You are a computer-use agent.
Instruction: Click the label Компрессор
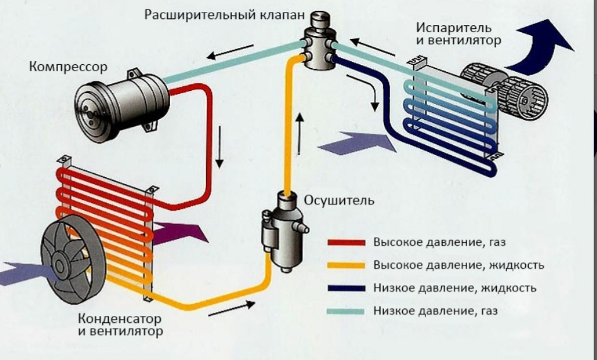click(67, 66)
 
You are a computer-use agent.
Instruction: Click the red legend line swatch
click(346, 242)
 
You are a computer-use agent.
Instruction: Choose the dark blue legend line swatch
click(346, 288)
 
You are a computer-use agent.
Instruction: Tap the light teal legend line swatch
click(346, 311)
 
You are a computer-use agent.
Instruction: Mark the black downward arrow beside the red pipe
click(219, 146)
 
